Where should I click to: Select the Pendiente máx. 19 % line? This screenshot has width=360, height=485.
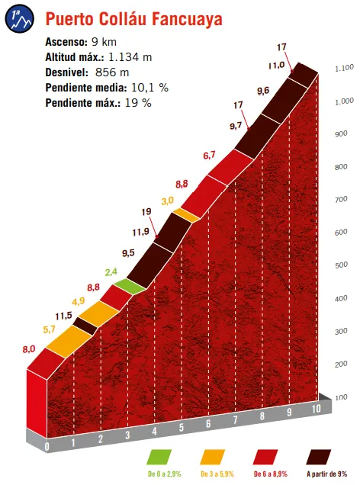tap(98, 102)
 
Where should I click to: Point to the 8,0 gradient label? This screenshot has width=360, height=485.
tap(29, 349)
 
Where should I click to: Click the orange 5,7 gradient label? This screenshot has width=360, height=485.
tap(50, 329)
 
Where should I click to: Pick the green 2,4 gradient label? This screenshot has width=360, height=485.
tap(111, 271)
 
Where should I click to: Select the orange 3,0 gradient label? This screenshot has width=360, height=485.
tap(167, 201)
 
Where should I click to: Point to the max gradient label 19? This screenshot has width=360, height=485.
tap(146, 213)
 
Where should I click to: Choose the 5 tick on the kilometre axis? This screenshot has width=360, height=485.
tap(181, 428)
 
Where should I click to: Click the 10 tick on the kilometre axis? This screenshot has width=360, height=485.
tap(316, 410)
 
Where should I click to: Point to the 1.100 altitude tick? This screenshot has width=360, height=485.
tap(343, 69)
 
